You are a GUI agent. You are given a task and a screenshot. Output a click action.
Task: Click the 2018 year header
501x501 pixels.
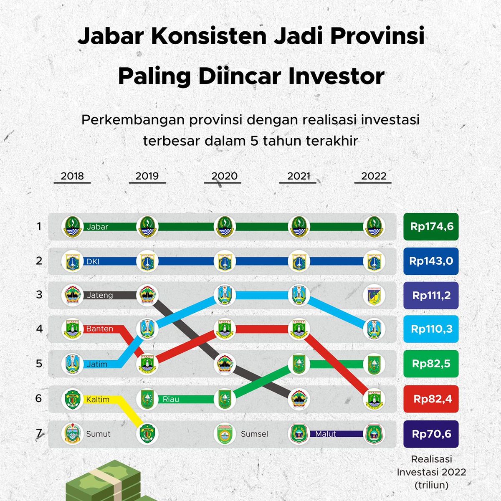72,176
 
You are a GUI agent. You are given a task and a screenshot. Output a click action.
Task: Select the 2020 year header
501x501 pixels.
224,176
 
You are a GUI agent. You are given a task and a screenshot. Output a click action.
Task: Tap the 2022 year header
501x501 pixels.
374,176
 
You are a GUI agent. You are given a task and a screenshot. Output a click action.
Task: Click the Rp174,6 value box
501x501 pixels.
431,226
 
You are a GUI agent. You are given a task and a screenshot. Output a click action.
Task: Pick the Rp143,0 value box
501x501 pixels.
431,261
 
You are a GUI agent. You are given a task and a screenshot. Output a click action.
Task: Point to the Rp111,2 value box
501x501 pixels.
431,295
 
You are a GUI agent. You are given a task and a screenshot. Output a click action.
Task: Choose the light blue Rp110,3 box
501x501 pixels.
431,329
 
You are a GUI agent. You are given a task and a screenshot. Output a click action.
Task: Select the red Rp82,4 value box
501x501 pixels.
431,399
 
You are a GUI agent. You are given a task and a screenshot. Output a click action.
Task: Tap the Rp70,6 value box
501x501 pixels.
431,434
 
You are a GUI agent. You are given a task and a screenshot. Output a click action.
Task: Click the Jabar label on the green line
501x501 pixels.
97,227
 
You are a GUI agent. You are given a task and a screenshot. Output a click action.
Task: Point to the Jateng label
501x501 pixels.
100,295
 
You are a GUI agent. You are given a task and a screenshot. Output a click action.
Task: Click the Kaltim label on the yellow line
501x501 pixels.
98,400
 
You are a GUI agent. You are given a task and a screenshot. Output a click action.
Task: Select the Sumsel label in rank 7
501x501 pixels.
254,434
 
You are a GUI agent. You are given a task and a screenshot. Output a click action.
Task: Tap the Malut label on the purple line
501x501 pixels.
325,434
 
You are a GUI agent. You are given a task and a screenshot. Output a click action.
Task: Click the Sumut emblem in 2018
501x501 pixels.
72,434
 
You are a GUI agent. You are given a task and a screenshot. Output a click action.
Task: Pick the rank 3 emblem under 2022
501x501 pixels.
374,295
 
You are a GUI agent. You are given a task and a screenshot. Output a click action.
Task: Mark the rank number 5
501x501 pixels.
39,364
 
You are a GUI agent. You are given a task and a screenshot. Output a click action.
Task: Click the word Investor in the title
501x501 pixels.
337,76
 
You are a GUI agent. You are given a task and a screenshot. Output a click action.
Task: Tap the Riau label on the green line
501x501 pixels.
171,399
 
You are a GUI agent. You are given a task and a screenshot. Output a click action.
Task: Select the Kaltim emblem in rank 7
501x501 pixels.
147,434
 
